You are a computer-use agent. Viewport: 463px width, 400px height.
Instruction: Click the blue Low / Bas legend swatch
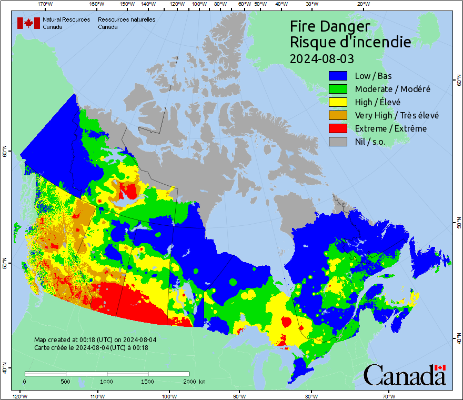339,76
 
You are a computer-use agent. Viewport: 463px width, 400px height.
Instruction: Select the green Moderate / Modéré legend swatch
339,89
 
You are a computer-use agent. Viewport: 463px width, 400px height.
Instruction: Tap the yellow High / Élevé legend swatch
339,102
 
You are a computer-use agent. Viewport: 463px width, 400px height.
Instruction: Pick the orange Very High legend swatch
339,115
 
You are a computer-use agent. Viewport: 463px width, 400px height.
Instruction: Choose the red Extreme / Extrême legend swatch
339,128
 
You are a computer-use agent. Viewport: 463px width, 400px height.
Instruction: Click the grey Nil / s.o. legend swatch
339,142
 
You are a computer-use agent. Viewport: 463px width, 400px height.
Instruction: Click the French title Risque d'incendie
350,42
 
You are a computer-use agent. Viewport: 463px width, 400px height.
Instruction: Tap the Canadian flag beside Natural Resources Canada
28,23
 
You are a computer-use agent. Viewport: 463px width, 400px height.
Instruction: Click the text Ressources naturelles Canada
126,23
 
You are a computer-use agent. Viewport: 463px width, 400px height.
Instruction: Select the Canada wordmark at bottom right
405,375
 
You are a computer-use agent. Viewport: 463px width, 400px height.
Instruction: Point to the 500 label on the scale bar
66,381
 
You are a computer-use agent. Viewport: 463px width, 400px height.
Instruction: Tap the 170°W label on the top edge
46,4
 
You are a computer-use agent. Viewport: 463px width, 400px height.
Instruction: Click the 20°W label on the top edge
362,4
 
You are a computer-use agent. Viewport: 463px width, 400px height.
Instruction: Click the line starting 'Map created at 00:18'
95,340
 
